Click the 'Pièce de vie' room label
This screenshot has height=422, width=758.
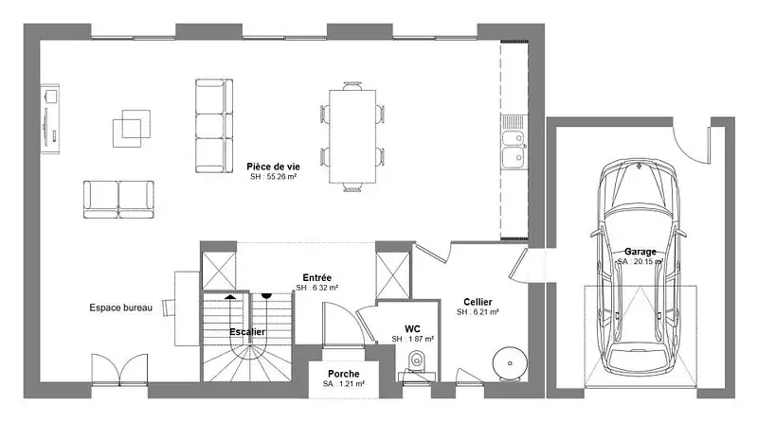(273, 167)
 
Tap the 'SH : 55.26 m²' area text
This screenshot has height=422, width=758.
(273, 177)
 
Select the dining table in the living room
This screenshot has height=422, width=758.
(352, 136)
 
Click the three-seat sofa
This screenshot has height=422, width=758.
(214, 126)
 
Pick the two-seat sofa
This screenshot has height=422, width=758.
(119, 200)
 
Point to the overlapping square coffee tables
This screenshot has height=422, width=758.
(132, 129)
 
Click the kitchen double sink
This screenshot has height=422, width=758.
(513, 149)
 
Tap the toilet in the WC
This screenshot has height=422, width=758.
(416, 360)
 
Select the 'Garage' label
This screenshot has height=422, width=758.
(641, 252)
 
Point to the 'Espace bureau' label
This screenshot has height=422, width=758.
(121, 308)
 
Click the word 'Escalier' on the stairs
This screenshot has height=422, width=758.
(247, 332)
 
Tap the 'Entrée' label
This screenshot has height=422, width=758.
(317, 277)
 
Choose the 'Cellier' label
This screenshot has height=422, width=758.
(478, 302)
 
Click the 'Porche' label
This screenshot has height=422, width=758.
(344, 374)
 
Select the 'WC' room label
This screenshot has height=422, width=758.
(412, 329)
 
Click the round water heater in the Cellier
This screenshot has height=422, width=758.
(509, 362)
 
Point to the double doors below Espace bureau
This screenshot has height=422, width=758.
(119, 370)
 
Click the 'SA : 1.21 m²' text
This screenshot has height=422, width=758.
(344, 384)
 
